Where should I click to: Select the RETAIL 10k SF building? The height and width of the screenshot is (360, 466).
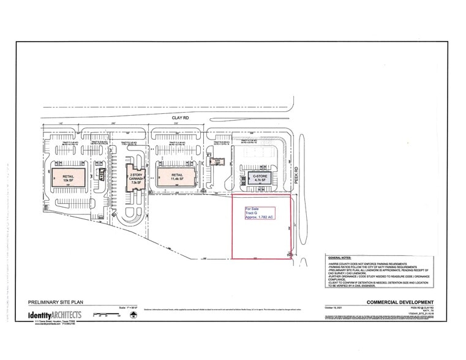click(67, 178)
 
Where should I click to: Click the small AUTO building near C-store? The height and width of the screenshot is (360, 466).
click(217, 162)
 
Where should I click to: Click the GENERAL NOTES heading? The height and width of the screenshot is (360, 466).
click(343, 258)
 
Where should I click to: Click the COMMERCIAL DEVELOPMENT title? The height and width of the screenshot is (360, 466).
click(400, 302)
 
